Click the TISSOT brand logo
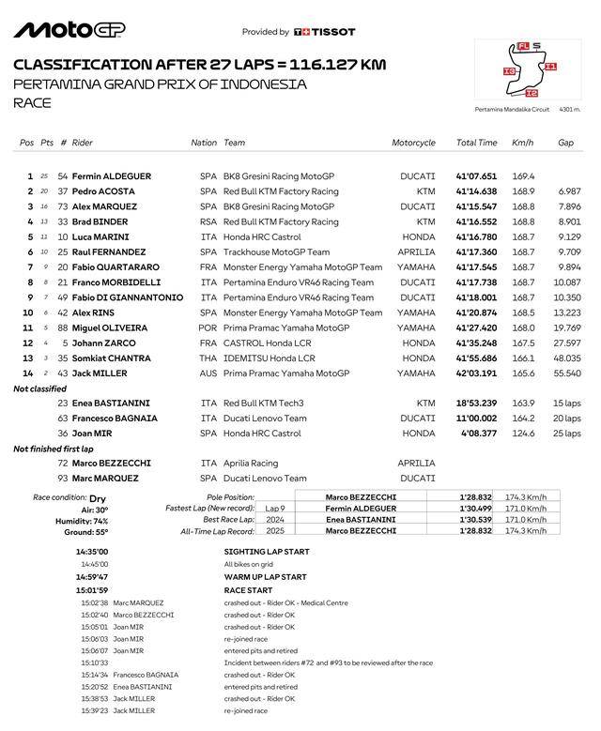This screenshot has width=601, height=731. pos(324,32)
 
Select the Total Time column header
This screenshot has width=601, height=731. pos(476,143)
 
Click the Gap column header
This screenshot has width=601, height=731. pos(565,143)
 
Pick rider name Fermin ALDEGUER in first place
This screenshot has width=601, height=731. pos(111,176)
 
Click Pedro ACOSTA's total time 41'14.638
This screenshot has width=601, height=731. pos(476,191)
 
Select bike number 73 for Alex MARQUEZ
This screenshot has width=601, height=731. pos(63,206)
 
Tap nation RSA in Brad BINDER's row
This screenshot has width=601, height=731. pos(208,221)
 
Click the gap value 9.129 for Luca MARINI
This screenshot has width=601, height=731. pos(569,237)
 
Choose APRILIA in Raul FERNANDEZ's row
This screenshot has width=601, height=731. pos(416,252)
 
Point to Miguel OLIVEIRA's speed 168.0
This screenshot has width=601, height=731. pos(523,328)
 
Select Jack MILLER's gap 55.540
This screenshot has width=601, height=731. pos(567,373)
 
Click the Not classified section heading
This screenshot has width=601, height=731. pos(39,388)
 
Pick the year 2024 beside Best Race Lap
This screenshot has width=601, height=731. pos(276,520)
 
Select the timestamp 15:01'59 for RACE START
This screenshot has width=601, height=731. pos(92,590)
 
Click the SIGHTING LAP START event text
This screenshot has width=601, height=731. pos(266,552)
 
